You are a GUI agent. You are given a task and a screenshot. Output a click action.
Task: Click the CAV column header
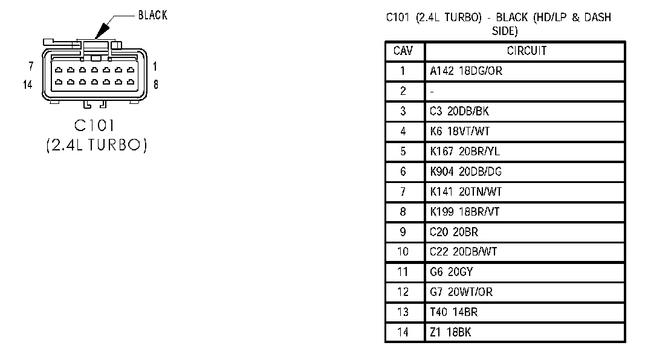403,51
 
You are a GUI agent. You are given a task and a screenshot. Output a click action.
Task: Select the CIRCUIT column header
526,51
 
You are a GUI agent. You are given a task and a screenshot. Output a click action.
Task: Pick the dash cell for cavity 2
432,92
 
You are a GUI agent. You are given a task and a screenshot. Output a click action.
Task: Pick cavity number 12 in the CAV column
403,292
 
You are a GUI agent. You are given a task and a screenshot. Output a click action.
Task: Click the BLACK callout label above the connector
152,16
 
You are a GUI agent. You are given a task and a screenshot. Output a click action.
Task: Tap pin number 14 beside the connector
28,85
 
